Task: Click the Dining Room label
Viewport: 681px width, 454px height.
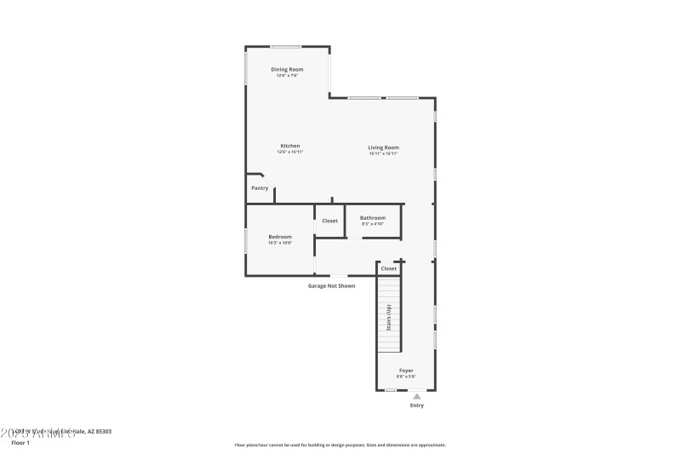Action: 287,69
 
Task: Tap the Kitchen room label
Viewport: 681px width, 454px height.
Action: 290,146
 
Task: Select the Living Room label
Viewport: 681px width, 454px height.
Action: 383,147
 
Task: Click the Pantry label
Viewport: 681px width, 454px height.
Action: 260,187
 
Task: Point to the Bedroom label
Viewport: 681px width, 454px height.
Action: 280,236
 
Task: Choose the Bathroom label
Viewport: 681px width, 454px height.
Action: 373,217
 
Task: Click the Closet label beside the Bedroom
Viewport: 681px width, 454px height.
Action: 329,221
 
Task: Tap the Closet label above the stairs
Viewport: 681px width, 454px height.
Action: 388,268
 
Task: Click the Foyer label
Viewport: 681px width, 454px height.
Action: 406,371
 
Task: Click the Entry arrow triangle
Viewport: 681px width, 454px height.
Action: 416,396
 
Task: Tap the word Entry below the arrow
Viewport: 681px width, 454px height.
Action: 416,405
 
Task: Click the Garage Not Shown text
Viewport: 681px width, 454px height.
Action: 331,285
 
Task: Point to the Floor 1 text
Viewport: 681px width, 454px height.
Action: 20,443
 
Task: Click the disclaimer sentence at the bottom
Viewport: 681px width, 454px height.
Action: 340,445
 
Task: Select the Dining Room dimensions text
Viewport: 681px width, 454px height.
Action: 287,76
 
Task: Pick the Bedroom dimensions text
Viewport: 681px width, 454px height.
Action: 280,243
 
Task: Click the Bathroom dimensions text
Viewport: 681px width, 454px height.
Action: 373,224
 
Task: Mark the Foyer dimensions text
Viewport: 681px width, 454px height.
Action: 406,376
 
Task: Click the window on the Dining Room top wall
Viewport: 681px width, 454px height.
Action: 285,47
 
